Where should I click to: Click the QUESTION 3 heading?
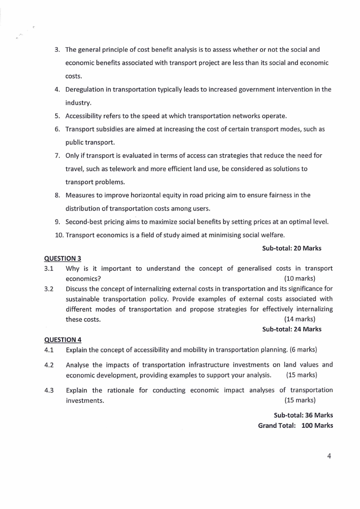63,259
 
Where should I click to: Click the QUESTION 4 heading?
63,340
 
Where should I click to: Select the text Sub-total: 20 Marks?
292,248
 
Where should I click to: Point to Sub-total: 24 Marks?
292,329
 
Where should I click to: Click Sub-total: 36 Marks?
303,415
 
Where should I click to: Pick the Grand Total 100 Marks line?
296,426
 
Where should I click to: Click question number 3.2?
49,289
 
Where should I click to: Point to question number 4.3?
49,390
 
